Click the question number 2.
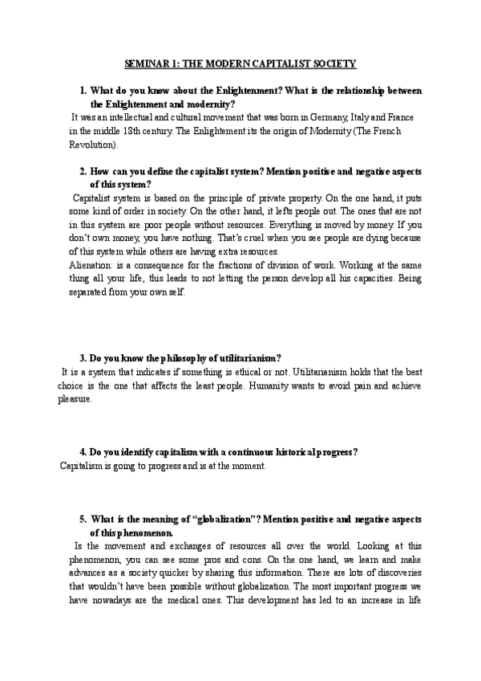point(83,172)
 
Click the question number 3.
point(83,357)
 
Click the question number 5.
point(83,518)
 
